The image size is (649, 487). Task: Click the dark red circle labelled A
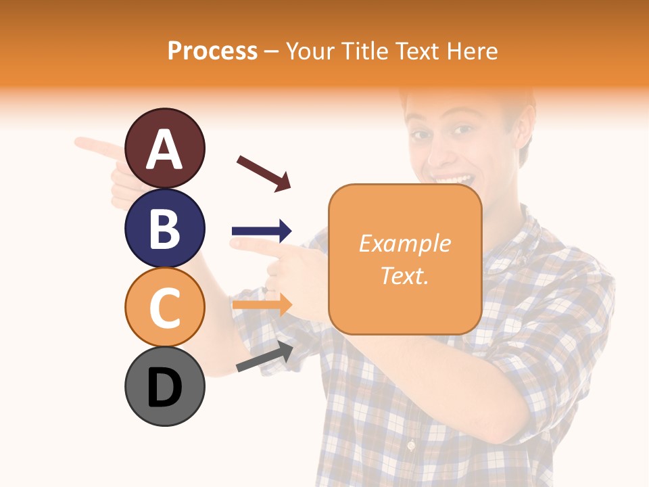click(164, 148)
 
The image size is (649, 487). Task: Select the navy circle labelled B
click(164, 227)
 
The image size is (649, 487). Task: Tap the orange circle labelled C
click(164, 306)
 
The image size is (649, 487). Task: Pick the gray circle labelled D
click(164, 386)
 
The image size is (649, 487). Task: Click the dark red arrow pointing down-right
click(264, 173)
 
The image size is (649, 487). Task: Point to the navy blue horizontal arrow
click(262, 231)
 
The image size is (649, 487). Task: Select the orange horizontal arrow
click(262, 304)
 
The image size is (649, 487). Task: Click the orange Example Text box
click(405, 260)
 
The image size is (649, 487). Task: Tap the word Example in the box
click(405, 243)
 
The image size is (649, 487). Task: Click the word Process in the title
click(212, 51)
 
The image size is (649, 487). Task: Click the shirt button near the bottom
click(410, 445)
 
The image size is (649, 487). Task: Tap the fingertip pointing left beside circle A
click(80, 142)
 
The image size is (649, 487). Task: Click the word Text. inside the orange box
click(405, 276)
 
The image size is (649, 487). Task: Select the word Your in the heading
click(308, 51)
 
